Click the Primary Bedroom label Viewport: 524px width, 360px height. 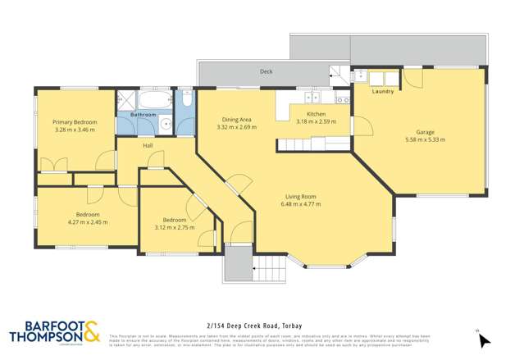(x=75, y=122)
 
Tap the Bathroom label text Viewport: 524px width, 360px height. (x=144, y=114)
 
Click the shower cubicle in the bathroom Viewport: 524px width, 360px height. (x=126, y=102)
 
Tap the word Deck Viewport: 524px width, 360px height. (x=266, y=71)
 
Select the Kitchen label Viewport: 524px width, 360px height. (x=316, y=114)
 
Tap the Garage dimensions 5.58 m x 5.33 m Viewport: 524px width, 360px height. (x=425, y=139)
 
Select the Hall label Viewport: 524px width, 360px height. (x=148, y=145)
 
